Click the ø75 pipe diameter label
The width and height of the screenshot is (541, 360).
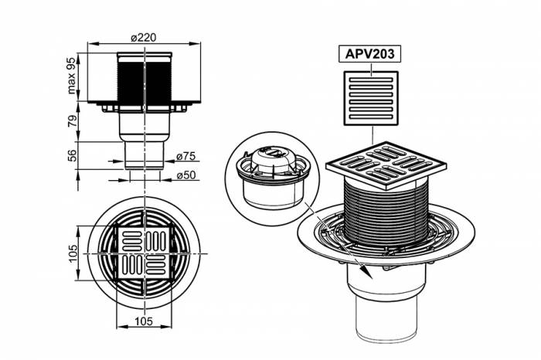pos(185,156)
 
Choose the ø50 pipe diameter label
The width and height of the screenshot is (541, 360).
pos(187,175)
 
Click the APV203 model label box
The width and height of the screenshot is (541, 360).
pos(369,55)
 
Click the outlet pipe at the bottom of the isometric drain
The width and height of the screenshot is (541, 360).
pos(386,317)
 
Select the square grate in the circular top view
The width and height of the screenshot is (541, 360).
pos(145,252)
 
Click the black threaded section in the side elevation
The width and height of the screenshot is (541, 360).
pos(145,77)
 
